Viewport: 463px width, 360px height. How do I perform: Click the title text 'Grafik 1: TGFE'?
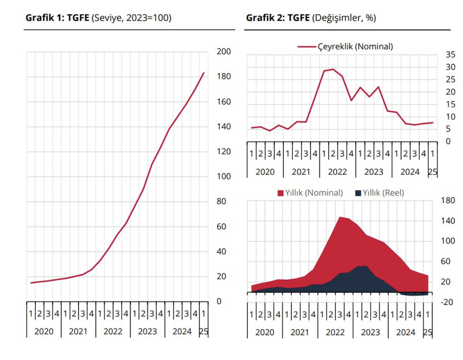pyautogui.click(x=57, y=18)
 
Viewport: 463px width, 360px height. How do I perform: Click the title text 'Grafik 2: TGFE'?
pyautogui.click(x=278, y=18)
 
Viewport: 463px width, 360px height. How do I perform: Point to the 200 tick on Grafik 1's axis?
pyautogui.click(x=224, y=52)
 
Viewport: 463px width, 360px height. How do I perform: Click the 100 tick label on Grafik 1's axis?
pyautogui.click(x=224, y=176)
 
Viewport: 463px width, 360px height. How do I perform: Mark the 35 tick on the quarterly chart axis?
pyautogui.click(x=450, y=54)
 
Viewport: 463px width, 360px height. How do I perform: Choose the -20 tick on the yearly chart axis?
pyautogui.click(x=446, y=302)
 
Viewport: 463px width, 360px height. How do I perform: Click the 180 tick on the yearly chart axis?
pyautogui.click(x=448, y=200)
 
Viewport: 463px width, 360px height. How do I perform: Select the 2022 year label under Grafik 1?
pyautogui.click(x=113, y=331)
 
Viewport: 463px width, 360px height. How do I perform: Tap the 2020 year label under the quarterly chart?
pyautogui.click(x=265, y=172)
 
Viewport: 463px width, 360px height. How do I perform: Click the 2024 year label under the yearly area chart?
pyautogui.click(x=406, y=332)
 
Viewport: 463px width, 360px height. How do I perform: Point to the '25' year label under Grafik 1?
pyautogui.click(x=204, y=331)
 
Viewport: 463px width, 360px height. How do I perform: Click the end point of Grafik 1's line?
pyautogui.click(x=203, y=73)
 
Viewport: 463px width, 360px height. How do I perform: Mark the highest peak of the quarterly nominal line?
pyautogui.click(x=333, y=69)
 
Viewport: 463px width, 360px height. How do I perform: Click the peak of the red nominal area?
pyautogui.click(x=340, y=217)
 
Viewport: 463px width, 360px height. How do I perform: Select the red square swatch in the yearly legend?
pyautogui.click(x=280, y=193)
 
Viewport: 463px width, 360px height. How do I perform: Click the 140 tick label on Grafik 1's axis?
pyautogui.click(x=224, y=126)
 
